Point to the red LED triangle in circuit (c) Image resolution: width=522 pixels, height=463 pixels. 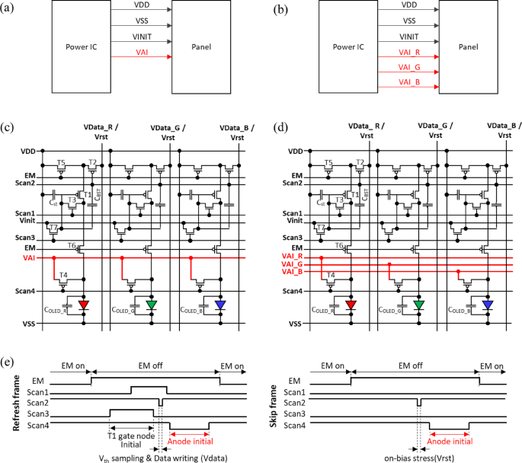[84, 305]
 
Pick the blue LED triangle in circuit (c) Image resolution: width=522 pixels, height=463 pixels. [220, 305]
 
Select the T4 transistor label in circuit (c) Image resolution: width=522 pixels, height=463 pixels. [63, 275]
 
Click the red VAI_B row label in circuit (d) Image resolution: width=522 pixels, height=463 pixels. [292, 272]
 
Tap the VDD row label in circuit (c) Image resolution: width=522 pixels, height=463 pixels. [31, 150]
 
